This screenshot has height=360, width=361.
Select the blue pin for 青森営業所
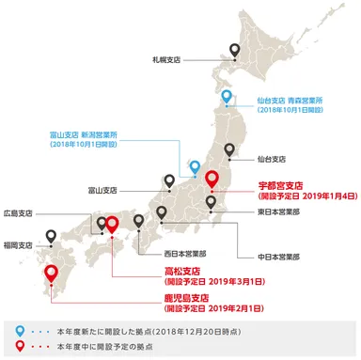227,98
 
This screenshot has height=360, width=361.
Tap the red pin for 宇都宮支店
211,179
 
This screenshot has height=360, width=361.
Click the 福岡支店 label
17,244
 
